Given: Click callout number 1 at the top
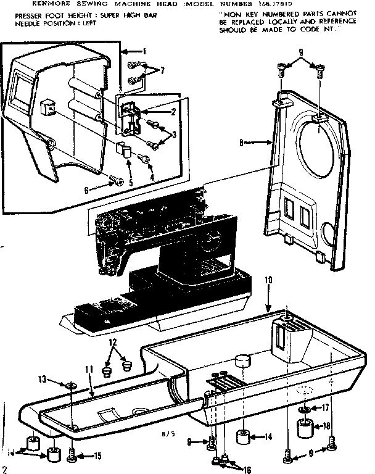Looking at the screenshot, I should pos(144,51).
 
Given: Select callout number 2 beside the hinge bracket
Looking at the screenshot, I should pos(174,112).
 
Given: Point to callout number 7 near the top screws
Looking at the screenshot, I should pos(162,71).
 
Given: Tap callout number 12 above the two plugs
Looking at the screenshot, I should pos(112,342).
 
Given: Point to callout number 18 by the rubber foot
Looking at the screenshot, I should pos(327,425).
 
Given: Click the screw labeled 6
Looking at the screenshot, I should pos(113,180).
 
